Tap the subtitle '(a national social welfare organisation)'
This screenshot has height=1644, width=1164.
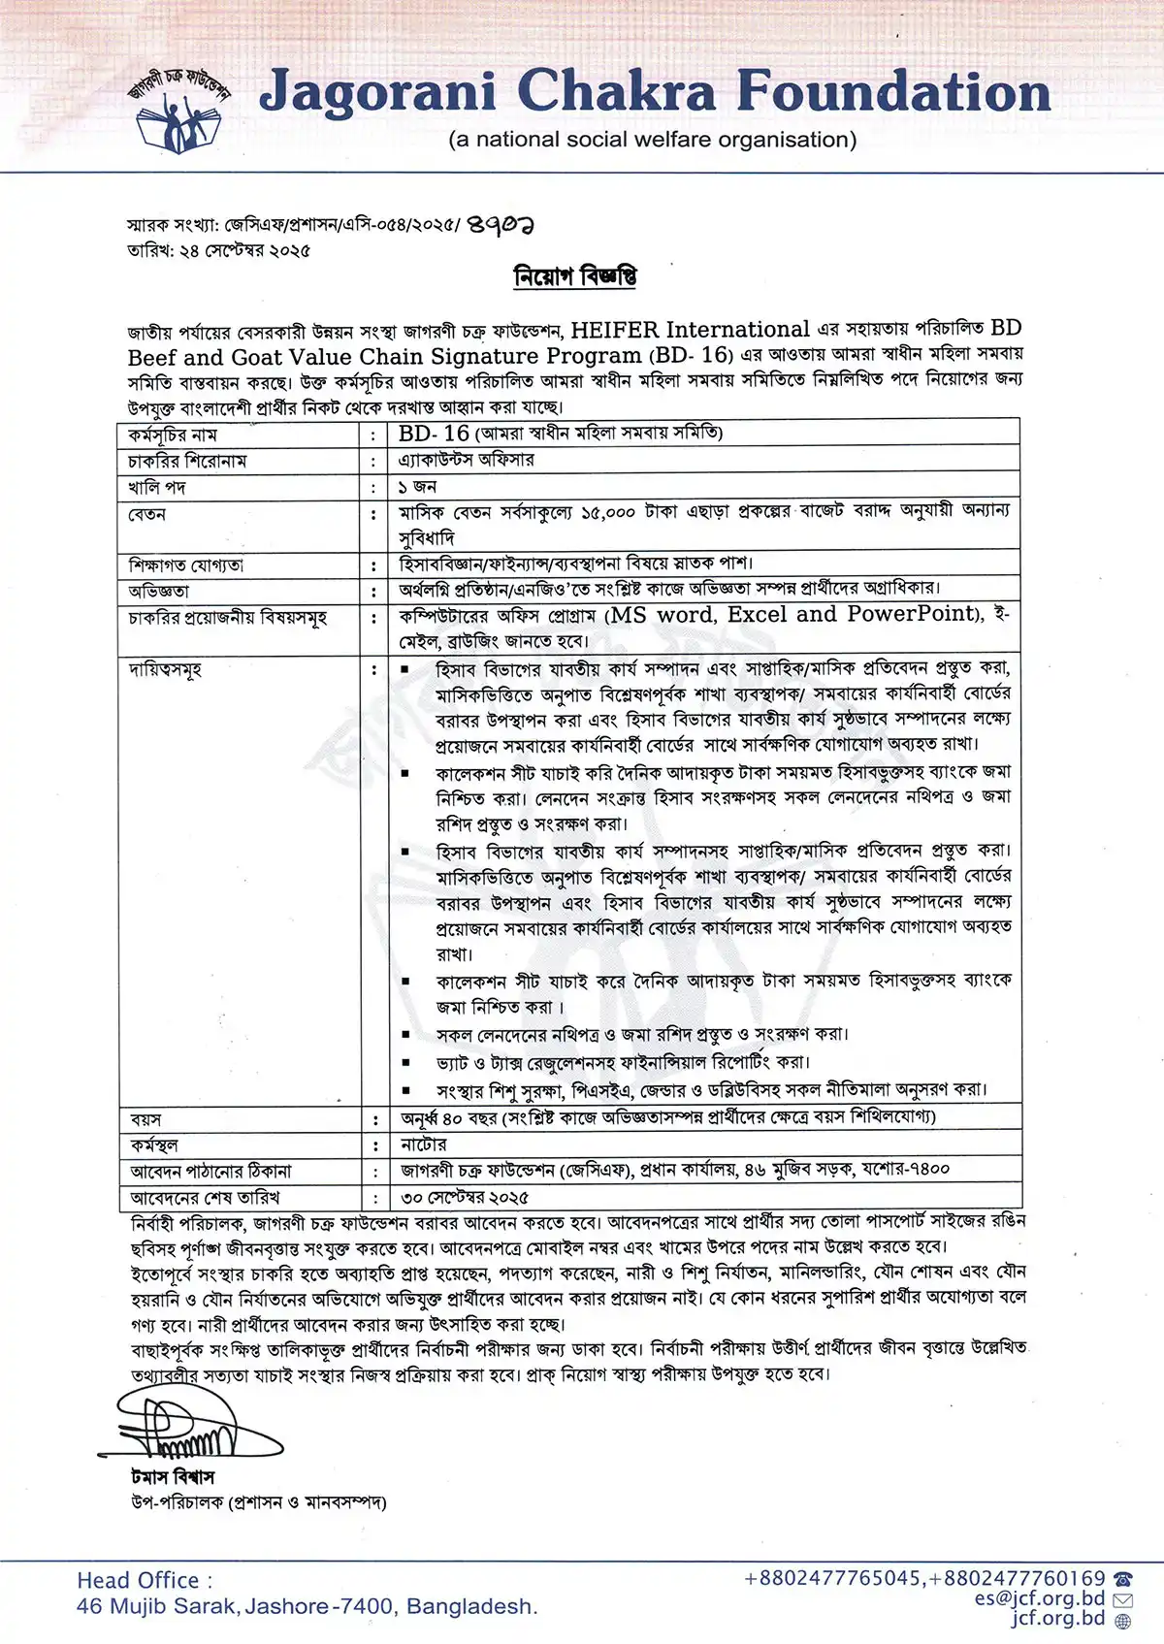click(x=652, y=140)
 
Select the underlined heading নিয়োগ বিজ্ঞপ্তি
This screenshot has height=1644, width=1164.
click(x=575, y=276)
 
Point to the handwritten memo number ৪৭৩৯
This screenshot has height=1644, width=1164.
click(x=501, y=225)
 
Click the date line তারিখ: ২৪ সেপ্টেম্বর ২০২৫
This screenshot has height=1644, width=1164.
click(x=219, y=250)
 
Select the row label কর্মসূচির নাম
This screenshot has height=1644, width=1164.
click(x=173, y=435)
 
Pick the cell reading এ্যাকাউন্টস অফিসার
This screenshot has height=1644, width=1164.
click(x=466, y=460)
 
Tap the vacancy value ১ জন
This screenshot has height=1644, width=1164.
click(x=417, y=486)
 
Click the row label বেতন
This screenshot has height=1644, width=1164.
click(x=147, y=513)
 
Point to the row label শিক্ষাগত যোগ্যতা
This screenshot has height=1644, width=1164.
click(x=186, y=564)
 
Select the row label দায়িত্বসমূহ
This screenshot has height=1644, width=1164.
click(x=165, y=669)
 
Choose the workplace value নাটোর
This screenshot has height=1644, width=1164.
click(x=423, y=1144)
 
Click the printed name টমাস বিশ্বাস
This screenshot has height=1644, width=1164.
click(x=173, y=1477)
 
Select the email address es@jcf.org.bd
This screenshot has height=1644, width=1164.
click(x=1040, y=1598)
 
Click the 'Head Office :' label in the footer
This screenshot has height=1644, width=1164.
click(x=145, y=1580)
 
